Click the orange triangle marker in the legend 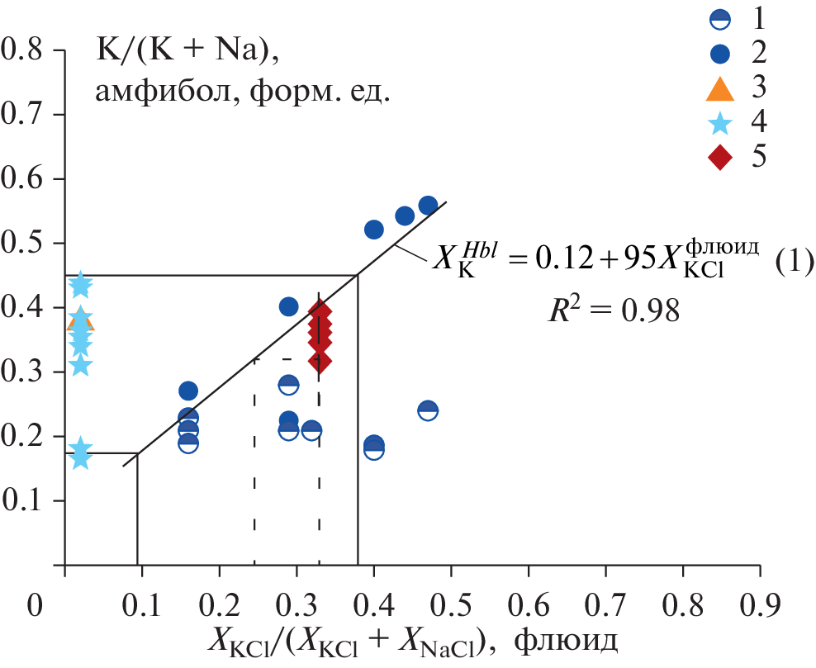[x=719, y=88]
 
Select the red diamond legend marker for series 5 [x=719, y=157]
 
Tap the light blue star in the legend [x=719, y=122]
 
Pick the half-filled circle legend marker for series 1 [x=719, y=17]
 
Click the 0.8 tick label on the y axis [x=26, y=51]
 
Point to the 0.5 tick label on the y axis [x=26, y=244]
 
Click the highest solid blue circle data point [x=428, y=206]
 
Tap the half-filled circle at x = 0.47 [x=428, y=410]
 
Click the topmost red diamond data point [x=320, y=312]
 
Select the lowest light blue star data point [x=80, y=457]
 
